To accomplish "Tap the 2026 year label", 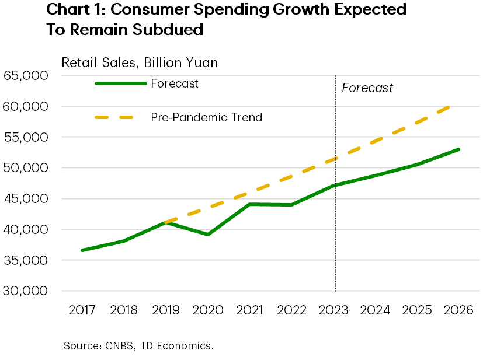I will (458, 310).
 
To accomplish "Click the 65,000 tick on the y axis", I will (25, 76).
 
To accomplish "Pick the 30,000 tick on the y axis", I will (25, 291).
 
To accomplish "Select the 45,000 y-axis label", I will (25, 199).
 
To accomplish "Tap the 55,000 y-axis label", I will (25, 138).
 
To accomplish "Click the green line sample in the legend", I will (120, 83).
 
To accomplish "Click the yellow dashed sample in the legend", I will (114, 117).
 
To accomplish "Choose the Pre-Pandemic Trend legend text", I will (206, 117).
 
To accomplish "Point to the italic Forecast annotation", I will (367, 88).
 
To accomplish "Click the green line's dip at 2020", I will (208, 235).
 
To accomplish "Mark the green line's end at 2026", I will (459, 149).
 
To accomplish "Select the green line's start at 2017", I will (82, 250).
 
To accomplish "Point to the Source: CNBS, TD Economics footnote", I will (138, 346).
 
